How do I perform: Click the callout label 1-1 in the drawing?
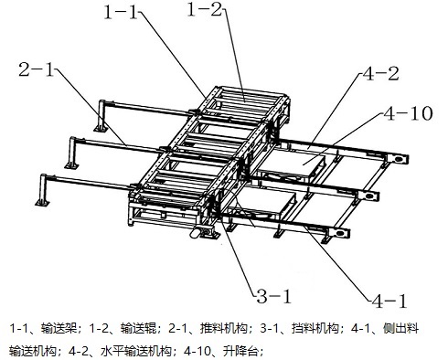[121, 13]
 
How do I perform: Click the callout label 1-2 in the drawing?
[205, 9]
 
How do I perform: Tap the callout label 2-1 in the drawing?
[37, 69]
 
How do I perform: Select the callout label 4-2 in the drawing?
[380, 74]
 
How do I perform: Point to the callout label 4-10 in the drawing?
[408, 113]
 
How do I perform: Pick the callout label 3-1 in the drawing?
[274, 296]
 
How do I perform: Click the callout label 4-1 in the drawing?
[389, 302]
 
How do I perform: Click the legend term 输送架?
[59, 328]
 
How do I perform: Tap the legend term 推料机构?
[223, 328]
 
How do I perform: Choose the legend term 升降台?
[240, 352]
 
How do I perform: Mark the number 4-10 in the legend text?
[197, 352]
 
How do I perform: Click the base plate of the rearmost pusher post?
[101, 129]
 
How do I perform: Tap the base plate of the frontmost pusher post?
[42, 203]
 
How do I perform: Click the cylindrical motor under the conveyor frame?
[195, 233]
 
